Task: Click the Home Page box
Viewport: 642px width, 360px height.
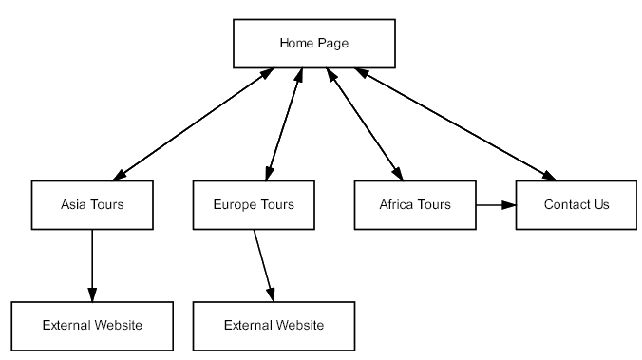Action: click(x=313, y=44)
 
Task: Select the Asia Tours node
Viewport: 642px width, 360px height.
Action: click(x=92, y=204)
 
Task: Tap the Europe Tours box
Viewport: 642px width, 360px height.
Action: click(x=254, y=204)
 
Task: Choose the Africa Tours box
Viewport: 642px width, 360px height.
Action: click(x=415, y=204)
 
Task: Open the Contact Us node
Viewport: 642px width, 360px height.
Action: click(x=576, y=204)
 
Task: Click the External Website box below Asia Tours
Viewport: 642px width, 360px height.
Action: click(x=92, y=326)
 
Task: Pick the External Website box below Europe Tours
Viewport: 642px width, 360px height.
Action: click(x=274, y=326)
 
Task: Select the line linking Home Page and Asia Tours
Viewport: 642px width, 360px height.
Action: click(x=195, y=123)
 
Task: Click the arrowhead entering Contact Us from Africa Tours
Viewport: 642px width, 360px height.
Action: click(x=509, y=204)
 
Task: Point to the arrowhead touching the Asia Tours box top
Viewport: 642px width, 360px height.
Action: click(x=121, y=176)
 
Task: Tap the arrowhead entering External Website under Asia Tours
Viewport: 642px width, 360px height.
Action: click(x=92, y=295)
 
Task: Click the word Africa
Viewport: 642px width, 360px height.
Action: click(x=398, y=204)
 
